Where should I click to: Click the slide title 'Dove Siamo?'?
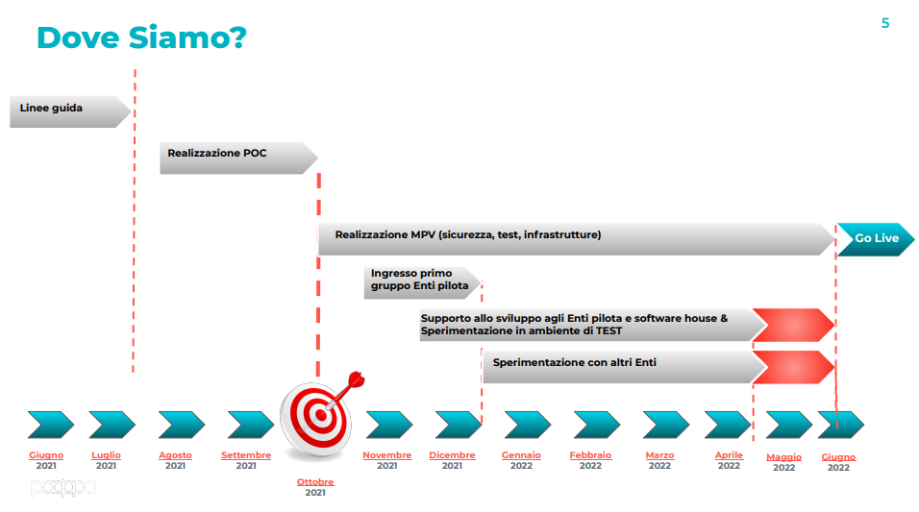click(141, 37)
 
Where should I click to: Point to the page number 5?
click(885, 23)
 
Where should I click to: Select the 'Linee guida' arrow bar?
click(70, 111)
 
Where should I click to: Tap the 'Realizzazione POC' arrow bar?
click(238, 158)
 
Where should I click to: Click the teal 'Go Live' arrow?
click(876, 239)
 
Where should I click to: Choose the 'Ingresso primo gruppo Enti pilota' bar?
click(422, 283)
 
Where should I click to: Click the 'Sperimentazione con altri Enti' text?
click(575, 362)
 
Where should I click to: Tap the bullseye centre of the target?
click(321, 415)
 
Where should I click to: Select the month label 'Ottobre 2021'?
click(315, 487)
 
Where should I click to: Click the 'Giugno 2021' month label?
click(46, 460)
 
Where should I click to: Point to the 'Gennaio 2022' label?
click(521, 460)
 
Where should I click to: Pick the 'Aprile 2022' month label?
click(729, 460)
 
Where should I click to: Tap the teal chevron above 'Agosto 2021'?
click(182, 425)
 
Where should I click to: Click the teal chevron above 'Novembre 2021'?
click(389, 425)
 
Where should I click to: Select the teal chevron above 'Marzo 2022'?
click(666, 425)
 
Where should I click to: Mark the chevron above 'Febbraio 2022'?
click(597, 425)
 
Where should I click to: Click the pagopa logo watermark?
click(63, 487)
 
